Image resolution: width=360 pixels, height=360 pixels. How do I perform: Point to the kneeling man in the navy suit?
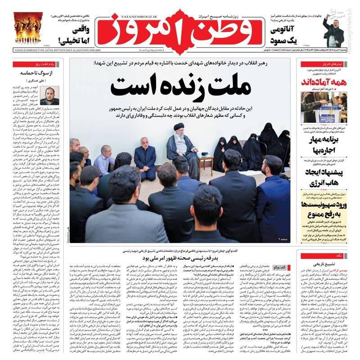pyautogui.click(x=145, y=162)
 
